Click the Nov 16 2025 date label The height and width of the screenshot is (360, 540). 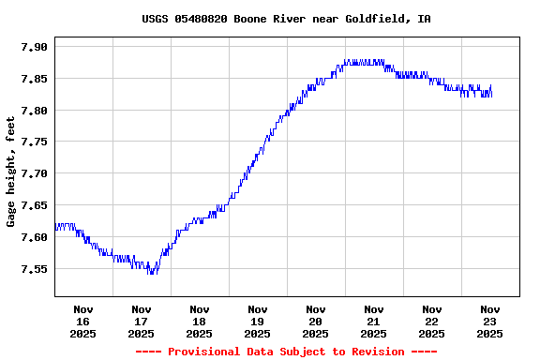pyautogui.click(x=83, y=321)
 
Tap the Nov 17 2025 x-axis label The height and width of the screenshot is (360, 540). pyautogui.click(x=142, y=321)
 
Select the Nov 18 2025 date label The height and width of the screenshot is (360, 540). pyautogui.click(x=200, y=321)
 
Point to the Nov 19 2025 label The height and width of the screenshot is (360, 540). pyautogui.click(x=258, y=321)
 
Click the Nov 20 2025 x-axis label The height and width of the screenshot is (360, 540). pyautogui.click(x=316, y=321)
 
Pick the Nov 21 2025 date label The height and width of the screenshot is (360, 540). pyautogui.click(x=374, y=321)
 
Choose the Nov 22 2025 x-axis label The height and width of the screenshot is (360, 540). pyautogui.click(x=432, y=321)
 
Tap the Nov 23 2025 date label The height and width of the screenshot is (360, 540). pyautogui.click(x=490, y=321)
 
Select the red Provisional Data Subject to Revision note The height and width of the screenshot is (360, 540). pyautogui.click(x=286, y=352)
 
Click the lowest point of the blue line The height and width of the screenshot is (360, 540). pyautogui.click(x=150, y=273)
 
